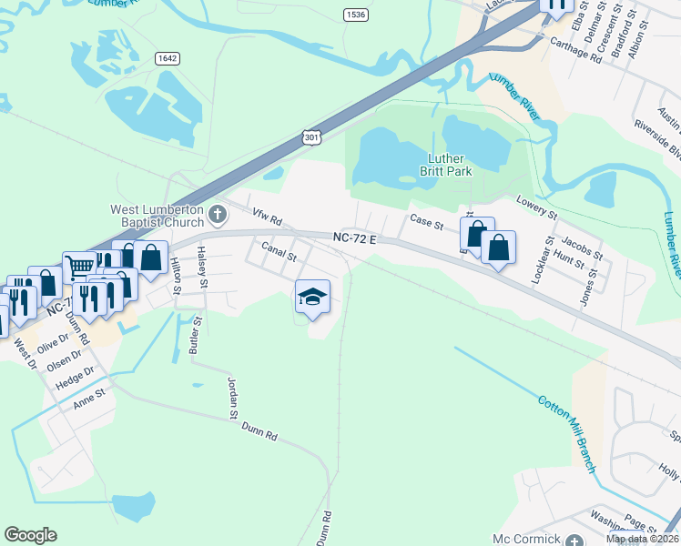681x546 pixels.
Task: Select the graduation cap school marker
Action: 311,297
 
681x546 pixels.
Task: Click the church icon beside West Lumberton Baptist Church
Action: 217,215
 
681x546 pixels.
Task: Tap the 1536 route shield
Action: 356,15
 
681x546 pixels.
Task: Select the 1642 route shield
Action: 167,58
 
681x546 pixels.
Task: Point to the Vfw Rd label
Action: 269,218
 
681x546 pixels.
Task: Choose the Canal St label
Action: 280,252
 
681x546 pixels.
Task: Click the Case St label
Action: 426,221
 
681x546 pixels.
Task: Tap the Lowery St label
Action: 535,207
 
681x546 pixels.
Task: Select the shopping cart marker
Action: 80,265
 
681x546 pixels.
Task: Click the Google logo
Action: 30,535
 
